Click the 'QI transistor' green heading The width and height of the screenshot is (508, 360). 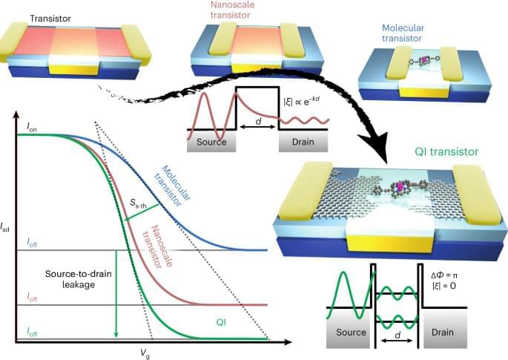click(446, 151)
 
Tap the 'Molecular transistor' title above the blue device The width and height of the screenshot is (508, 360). click(403, 33)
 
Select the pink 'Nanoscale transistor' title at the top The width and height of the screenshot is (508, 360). click(233, 10)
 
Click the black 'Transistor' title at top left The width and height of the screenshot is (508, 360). click(50, 19)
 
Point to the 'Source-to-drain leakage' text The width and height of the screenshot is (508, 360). click(79, 279)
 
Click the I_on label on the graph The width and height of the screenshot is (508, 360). click(32, 128)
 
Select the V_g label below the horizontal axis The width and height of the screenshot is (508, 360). click(145, 353)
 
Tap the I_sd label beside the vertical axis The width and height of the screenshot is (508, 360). click(5, 227)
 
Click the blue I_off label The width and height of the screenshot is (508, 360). click(32, 243)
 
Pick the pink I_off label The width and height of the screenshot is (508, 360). click(32, 297)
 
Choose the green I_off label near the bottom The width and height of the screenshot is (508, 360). click(32, 332)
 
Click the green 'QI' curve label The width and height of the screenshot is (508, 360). click(221, 322)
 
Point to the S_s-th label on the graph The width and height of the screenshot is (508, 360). click(139, 203)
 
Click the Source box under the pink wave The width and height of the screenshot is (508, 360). click(211, 141)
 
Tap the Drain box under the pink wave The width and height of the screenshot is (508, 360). click(303, 141)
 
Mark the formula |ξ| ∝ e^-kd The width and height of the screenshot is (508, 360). click(301, 101)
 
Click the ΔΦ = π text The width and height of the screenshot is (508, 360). click(444, 275)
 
